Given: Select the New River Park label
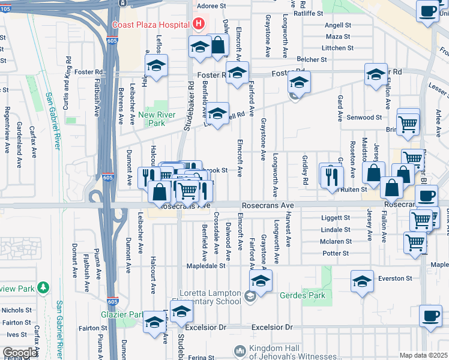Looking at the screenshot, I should (x=151, y=119).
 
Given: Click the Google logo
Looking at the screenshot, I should (x=20, y=353).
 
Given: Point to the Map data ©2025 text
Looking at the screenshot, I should (x=423, y=355).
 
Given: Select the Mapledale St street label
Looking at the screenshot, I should (x=206, y=265).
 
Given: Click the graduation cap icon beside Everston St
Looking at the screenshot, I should (x=363, y=281).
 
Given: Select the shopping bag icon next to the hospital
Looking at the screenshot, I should (x=218, y=46).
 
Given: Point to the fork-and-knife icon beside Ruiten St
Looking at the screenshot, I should (x=330, y=175).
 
